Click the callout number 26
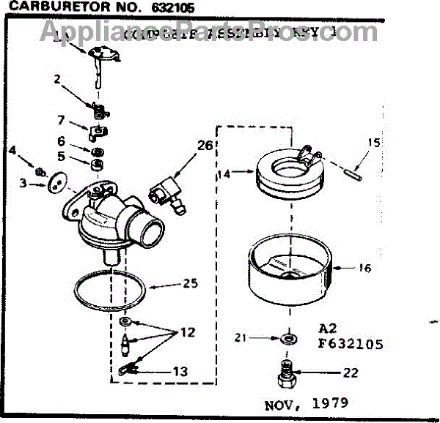(205, 146)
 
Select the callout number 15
(374, 143)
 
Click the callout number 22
(351, 373)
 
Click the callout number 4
(12, 152)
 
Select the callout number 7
(62, 120)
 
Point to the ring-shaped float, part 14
(282, 176)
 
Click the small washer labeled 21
(287, 338)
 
